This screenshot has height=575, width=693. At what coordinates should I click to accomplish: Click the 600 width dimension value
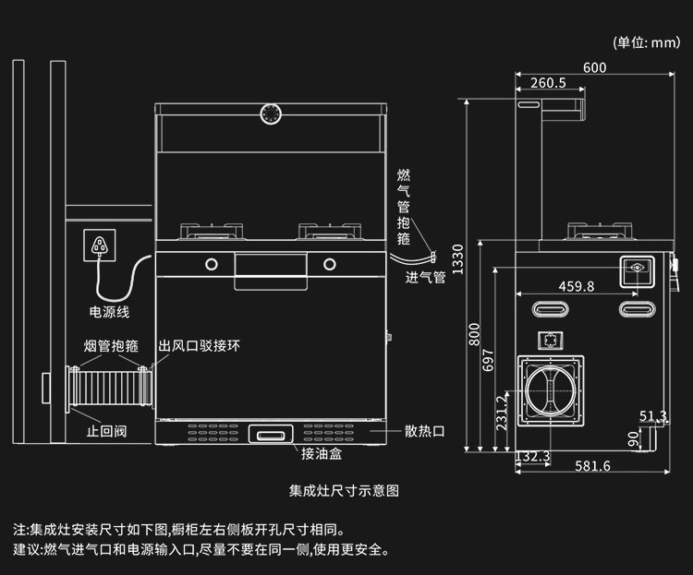595,67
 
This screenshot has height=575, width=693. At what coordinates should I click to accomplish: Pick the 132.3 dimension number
532,456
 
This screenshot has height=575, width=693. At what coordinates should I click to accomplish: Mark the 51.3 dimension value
652,416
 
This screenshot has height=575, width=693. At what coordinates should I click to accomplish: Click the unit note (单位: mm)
646,42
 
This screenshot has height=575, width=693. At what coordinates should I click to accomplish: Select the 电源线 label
109,313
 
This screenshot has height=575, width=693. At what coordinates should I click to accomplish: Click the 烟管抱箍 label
111,346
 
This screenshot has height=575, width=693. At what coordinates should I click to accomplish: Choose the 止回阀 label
106,431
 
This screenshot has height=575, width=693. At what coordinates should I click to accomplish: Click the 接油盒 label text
321,453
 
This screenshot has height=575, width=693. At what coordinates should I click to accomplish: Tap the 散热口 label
425,431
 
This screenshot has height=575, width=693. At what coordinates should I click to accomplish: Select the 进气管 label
425,277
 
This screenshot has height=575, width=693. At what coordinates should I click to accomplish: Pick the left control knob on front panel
212,265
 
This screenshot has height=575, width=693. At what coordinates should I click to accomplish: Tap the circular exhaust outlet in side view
552,391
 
